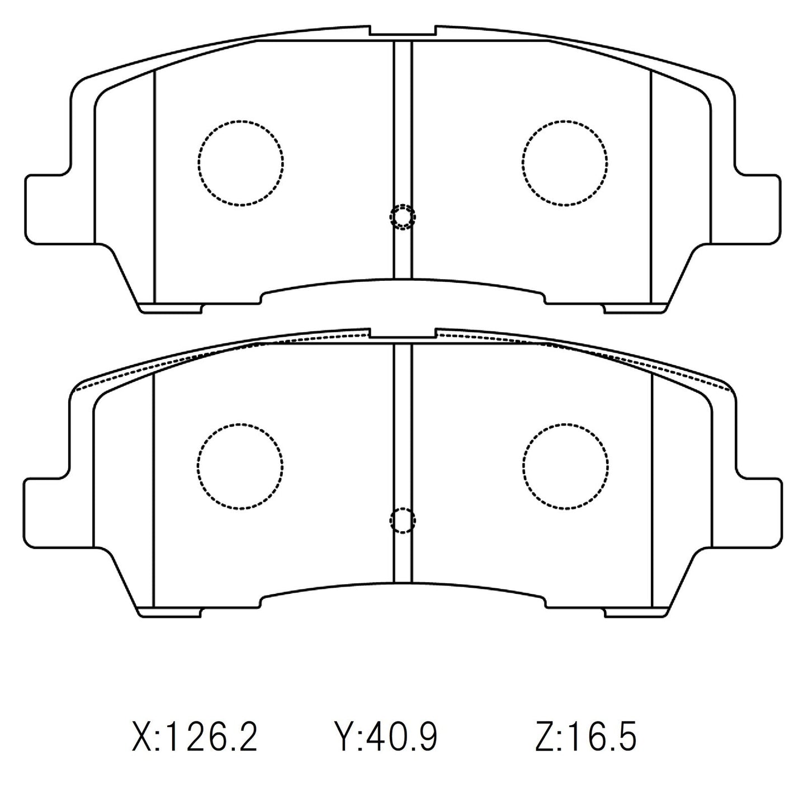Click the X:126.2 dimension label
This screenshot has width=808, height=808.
pos(195,737)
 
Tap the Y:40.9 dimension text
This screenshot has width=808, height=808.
pos(386,737)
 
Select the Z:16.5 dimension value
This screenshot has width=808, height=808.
pos(585,737)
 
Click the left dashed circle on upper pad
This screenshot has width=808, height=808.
pos(240,162)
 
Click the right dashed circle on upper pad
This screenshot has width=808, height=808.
pos(565,162)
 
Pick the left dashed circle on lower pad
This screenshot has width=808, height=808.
pos(240,465)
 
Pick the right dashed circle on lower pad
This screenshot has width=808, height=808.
pos(565,465)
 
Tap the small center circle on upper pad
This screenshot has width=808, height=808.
pos(403,217)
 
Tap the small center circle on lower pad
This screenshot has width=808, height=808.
pos(403,521)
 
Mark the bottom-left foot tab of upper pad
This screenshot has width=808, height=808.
pos(170,308)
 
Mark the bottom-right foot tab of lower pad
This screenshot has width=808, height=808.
pos(636,612)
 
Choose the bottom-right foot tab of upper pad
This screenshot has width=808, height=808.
pos(636,308)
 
